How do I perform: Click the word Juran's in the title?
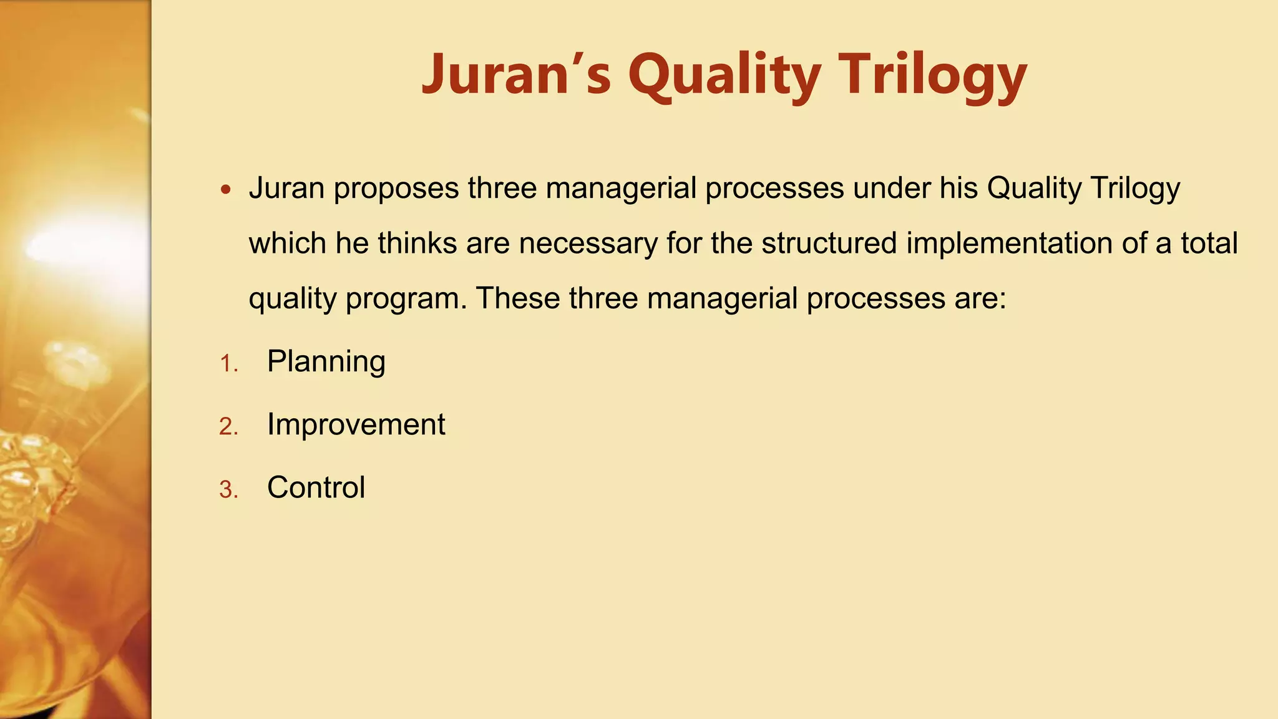tap(516, 74)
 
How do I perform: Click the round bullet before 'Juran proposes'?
tap(226, 189)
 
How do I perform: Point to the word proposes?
tap(396, 188)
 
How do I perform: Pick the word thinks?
tap(417, 243)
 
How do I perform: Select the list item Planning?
tap(326, 361)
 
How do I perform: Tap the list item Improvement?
tap(356, 424)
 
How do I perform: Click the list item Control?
tap(316, 487)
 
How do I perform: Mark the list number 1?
tap(228, 364)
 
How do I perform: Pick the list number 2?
tap(228, 427)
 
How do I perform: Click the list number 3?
tap(228, 490)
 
